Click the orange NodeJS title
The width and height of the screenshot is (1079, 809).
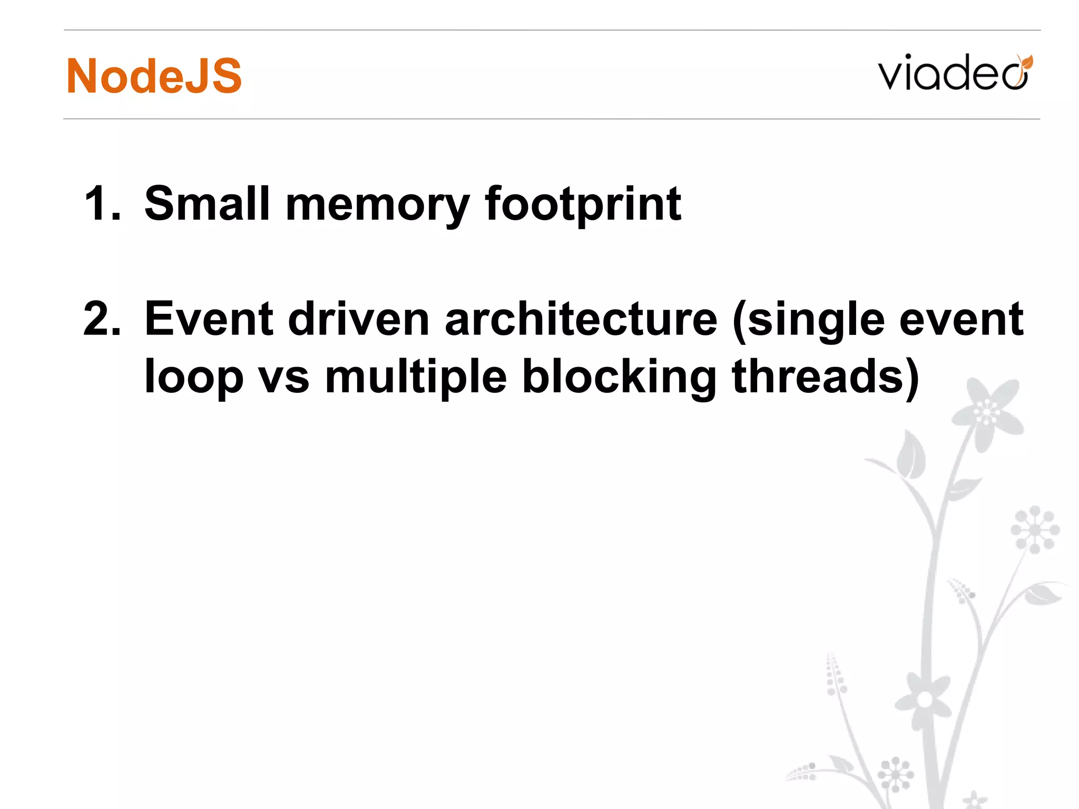pos(154,76)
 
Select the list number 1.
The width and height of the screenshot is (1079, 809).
pos(101,204)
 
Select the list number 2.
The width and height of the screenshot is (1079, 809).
pos(101,319)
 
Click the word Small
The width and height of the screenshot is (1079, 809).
pos(207,204)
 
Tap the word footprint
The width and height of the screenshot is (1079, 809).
pos(583,205)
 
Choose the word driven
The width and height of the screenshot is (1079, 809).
pos(359,319)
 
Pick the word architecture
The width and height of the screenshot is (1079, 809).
pos(581,319)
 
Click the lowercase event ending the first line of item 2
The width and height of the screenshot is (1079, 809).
pos(961,319)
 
